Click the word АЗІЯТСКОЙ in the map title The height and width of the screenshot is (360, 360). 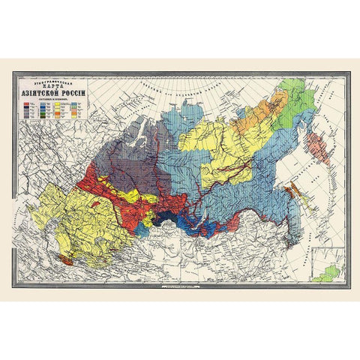coord(40,93)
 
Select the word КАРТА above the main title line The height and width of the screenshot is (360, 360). coord(53,85)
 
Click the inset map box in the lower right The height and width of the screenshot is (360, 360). coord(328,268)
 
